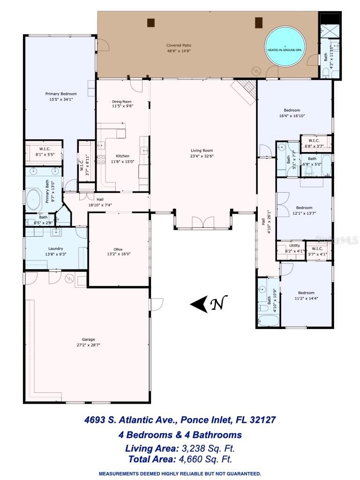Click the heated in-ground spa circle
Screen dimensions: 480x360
tap(284, 49)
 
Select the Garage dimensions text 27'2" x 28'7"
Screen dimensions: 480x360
tap(89, 345)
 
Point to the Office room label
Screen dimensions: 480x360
tap(118, 249)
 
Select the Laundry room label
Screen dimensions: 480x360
tap(55, 248)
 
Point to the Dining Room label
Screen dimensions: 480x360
tap(122, 101)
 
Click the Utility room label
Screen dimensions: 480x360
tap(294, 246)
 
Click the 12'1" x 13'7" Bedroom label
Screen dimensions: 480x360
tap(304, 208)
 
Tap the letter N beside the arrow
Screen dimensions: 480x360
tap(217, 304)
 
